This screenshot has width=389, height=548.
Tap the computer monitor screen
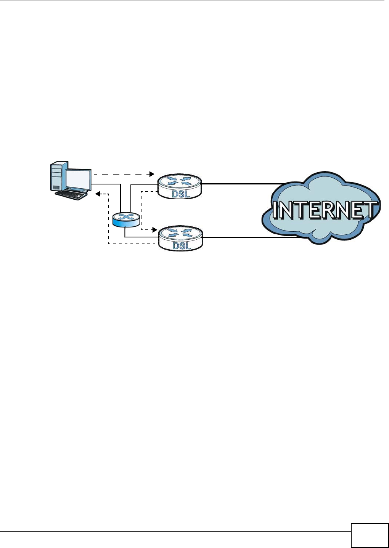tap(79, 178)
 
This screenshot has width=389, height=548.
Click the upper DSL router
tap(180, 186)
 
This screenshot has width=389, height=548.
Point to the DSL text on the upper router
tap(181, 194)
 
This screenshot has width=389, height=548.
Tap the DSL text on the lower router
tap(182, 246)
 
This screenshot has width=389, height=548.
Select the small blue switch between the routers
tap(126, 220)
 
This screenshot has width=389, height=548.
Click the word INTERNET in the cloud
tap(324, 210)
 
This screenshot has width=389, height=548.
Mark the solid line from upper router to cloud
tap(240, 184)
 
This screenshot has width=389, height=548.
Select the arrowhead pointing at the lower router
tap(154, 230)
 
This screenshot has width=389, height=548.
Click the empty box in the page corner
tap(369, 535)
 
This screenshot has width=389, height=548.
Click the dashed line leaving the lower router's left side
tap(133, 244)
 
